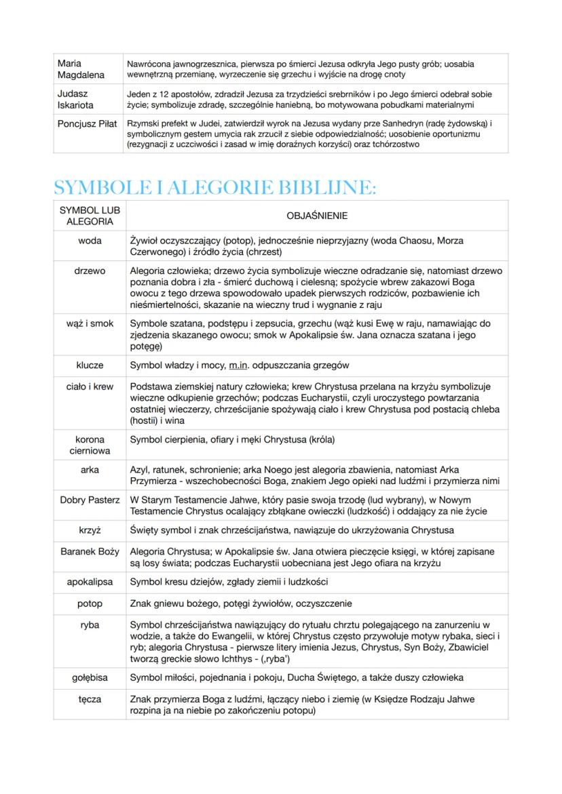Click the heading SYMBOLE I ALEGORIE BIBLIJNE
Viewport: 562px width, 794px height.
pyautogui.click(x=214, y=188)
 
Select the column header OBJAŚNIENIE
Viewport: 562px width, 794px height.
pyautogui.click(x=317, y=216)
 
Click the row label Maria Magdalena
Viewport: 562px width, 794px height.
pyautogui.click(x=81, y=69)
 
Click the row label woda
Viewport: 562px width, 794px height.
pyautogui.click(x=90, y=241)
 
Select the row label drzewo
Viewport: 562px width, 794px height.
pyautogui.click(x=90, y=271)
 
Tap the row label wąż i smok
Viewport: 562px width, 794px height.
pyautogui.click(x=90, y=323)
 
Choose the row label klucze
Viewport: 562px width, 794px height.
pyautogui.click(x=90, y=365)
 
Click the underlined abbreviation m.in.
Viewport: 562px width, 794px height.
pyautogui.click(x=238, y=365)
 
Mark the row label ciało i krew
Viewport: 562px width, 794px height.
pyautogui.click(x=90, y=386)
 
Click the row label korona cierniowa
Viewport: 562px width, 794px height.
pyautogui.click(x=90, y=445)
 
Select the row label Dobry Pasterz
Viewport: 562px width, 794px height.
pyautogui.click(x=90, y=500)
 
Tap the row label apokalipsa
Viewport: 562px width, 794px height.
pyautogui.click(x=90, y=582)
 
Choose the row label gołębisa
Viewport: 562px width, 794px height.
pyautogui.click(x=90, y=677)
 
